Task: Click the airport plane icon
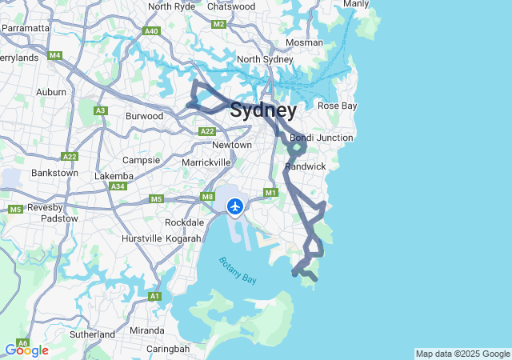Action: [x=235, y=207]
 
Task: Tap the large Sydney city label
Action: [x=263, y=110]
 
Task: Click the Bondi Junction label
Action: [x=321, y=138]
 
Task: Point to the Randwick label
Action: [x=306, y=166]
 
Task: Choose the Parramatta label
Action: [x=26, y=27]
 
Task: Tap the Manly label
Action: [x=356, y=4]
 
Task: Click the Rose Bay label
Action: [x=337, y=106]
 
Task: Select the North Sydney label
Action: [x=265, y=59]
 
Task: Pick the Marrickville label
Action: [x=206, y=162]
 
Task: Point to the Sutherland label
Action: [x=92, y=334]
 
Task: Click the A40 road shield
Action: [x=151, y=31]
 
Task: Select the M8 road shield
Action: [x=207, y=197]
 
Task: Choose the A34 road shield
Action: [x=118, y=186]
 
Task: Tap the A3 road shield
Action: [x=100, y=110]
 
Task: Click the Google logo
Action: [x=26, y=350]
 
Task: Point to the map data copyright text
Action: [x=462, y=354]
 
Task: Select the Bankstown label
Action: [x=54, y=173]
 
